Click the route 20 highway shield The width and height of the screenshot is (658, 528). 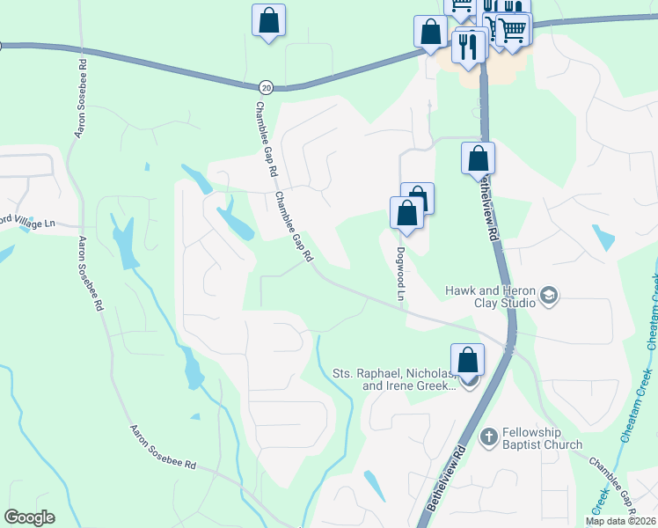coord(267,86)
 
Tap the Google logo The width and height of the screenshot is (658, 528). coord(29,517)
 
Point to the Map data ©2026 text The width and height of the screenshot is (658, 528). coord(620,521)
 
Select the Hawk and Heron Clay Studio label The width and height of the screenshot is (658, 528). coord(490,296)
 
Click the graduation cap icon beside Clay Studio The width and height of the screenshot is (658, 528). coord(550,295)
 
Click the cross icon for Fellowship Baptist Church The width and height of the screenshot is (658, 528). coord(488,436)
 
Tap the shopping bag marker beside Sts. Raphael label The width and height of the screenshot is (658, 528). coord(468,359)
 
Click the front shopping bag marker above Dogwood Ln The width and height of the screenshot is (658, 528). coord(406,213)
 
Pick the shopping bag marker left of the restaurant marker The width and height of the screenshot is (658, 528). coord(430,32)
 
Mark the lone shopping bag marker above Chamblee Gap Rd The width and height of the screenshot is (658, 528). coord(268,20)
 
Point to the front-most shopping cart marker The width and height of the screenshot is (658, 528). coord(512,30)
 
